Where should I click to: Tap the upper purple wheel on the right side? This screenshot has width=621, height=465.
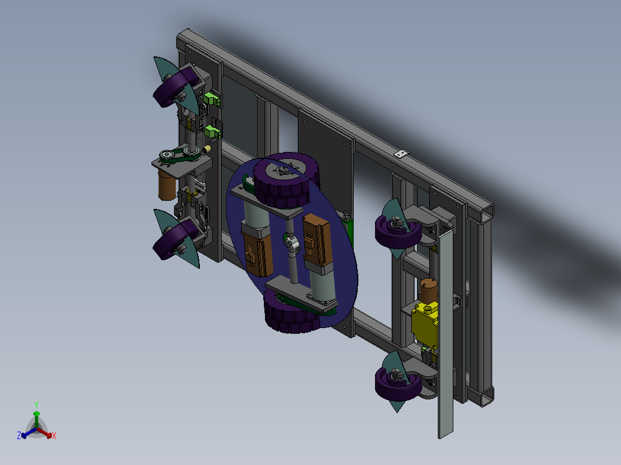coord(396,231)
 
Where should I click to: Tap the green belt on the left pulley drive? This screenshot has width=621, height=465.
coord(181,154)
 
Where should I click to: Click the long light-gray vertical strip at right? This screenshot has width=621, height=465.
coord(445,334)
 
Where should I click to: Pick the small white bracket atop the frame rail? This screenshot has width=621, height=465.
coord(401,154)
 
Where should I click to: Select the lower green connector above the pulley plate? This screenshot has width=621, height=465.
coord(213,131)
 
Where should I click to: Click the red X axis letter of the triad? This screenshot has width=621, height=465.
coord(54,436)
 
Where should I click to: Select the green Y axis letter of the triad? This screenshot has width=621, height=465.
coord(36,405)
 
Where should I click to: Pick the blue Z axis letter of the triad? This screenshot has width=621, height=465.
coord(19,436)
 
